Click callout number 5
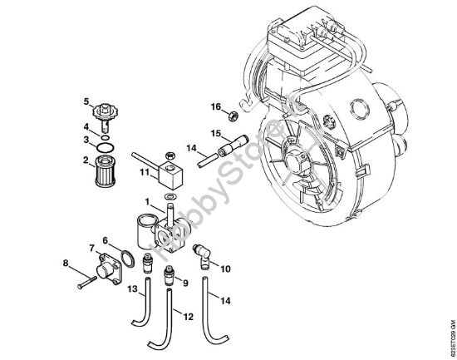[85, 102]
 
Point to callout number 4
[85, 127]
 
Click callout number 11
[145, 171]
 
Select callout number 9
[184, 282]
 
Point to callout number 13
[132, 288]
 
